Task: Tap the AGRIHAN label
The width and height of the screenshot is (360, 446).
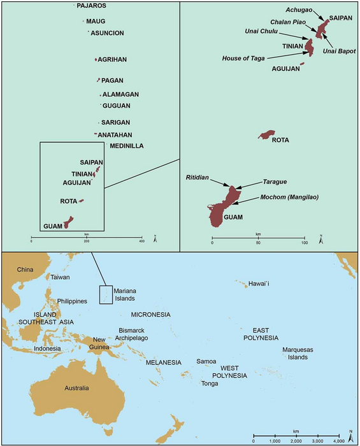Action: tap(112, 60)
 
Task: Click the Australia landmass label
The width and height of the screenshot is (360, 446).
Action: tap(71, 388)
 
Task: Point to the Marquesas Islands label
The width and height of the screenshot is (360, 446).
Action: tap(298, 353)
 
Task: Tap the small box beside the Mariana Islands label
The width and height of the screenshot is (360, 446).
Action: tap(106, 294)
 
